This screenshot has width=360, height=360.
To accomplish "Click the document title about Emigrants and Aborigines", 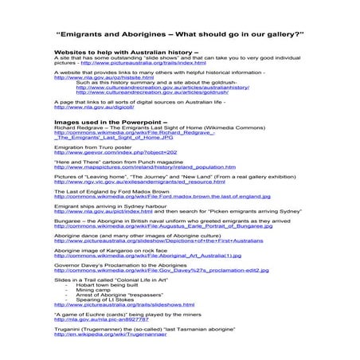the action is (180, 34).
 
